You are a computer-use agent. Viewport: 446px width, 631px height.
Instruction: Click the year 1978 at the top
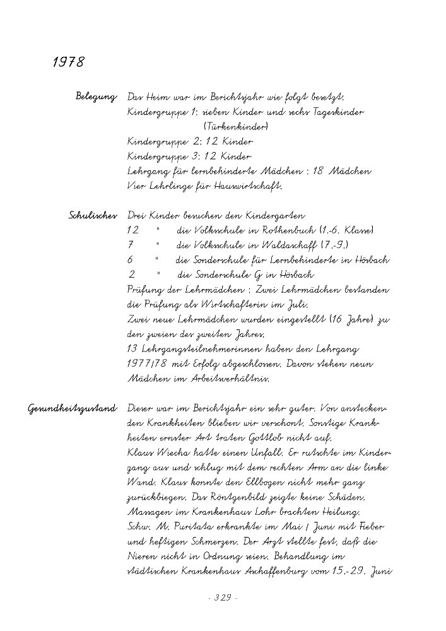pos(68,62)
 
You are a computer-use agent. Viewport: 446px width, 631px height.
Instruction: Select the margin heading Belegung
pos(96,98)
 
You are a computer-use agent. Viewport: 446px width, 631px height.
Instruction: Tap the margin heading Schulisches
pos(92,216)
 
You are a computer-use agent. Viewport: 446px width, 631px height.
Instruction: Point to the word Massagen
pos(150,512)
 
